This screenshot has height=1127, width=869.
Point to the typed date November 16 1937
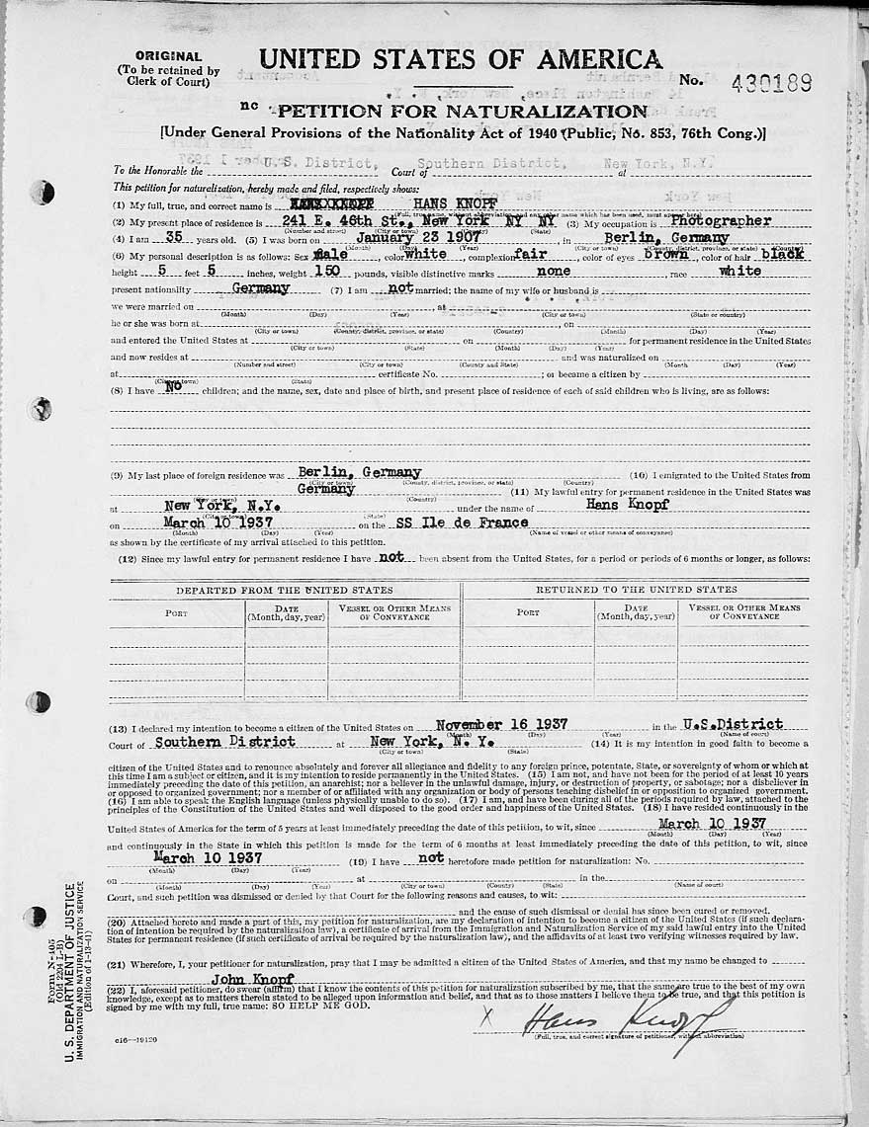(x=501, y=723)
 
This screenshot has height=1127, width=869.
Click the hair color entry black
(x=783, y=254)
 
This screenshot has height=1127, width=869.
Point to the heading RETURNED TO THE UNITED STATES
(x=636, y=590)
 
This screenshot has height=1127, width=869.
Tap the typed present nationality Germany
(x=260, y=288)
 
